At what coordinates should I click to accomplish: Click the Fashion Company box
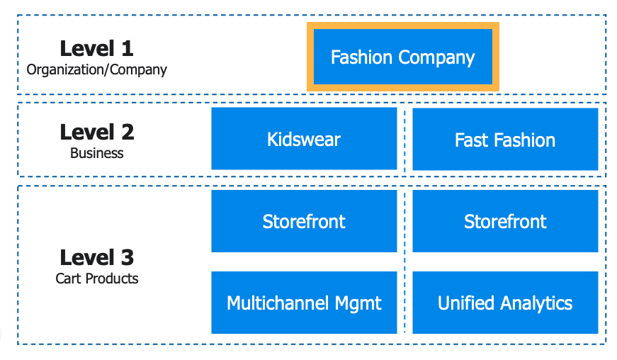(402, 57)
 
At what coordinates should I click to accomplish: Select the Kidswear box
(304, 139)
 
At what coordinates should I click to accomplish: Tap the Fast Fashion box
(504, 140)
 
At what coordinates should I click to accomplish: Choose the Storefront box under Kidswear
(304, 221)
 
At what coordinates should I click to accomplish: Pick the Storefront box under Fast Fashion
(504, 221)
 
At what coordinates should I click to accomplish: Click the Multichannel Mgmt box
(304, 303)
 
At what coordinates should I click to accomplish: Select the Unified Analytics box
(504, 303)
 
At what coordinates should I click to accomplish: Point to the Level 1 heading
(96, 48)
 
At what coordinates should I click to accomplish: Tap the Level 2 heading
(96, 132)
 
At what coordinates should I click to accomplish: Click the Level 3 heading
(96, 257)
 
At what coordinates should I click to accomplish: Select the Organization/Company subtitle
(96, 69)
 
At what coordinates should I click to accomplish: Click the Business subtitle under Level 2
(96, 153)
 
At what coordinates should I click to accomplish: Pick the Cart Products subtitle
(96, 279)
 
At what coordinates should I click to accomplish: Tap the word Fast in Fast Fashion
(470, 140)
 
